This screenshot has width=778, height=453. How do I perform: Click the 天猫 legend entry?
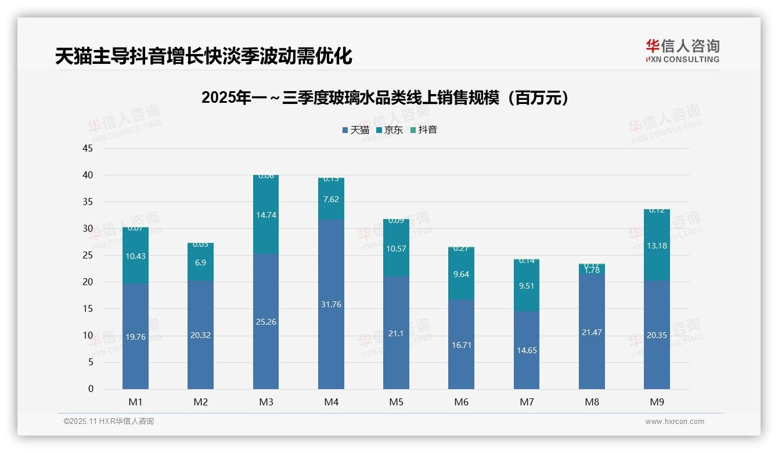(355, 130)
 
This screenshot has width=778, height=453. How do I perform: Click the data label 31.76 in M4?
(331, 304)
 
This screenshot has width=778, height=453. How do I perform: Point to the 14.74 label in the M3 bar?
(266, 215)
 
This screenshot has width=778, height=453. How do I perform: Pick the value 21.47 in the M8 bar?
(592, 332)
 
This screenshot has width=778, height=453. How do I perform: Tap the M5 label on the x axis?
(396, 402)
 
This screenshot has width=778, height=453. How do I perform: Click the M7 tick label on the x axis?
(527, 402)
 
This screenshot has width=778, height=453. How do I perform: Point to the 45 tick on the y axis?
(88, 149)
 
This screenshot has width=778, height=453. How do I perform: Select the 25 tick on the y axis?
(88, 256)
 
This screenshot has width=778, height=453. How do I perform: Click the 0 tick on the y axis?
(91, 389)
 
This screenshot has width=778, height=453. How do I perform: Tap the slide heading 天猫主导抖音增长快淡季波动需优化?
(204, 56)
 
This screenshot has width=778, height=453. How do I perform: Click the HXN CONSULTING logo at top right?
(682, 51)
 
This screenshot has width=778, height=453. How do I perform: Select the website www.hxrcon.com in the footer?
(675, 422)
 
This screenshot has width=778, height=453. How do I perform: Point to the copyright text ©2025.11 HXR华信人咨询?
(109, 422)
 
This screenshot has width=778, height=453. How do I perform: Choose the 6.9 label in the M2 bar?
(200, 263)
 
